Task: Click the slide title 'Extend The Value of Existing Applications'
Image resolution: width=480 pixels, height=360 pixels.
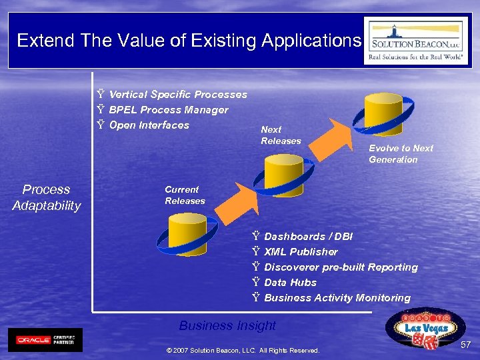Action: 189,41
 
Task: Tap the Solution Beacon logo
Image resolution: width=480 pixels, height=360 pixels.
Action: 416,41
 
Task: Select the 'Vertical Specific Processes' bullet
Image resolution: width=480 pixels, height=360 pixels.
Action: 177,95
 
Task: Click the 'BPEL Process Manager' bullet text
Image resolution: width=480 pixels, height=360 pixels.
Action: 168,110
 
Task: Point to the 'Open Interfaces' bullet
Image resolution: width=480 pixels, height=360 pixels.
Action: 149,125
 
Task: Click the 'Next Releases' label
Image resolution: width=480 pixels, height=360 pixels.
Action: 281,135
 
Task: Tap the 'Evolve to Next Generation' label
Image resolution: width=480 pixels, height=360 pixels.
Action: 401,154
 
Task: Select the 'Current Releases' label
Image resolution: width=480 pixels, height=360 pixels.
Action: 185,195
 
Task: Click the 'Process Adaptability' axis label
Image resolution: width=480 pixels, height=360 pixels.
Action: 46,197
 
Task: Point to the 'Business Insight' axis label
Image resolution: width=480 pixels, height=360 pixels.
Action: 227,325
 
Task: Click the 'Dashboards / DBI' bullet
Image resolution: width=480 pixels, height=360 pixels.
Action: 308,237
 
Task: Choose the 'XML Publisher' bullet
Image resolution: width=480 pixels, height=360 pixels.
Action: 301,252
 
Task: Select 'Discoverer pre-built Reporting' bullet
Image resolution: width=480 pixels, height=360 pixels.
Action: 341,267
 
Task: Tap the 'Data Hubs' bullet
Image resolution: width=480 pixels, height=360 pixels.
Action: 290,283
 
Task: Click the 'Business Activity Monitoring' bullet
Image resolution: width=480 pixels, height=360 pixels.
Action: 337,298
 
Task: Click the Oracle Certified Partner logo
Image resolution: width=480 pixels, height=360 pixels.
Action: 45,339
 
